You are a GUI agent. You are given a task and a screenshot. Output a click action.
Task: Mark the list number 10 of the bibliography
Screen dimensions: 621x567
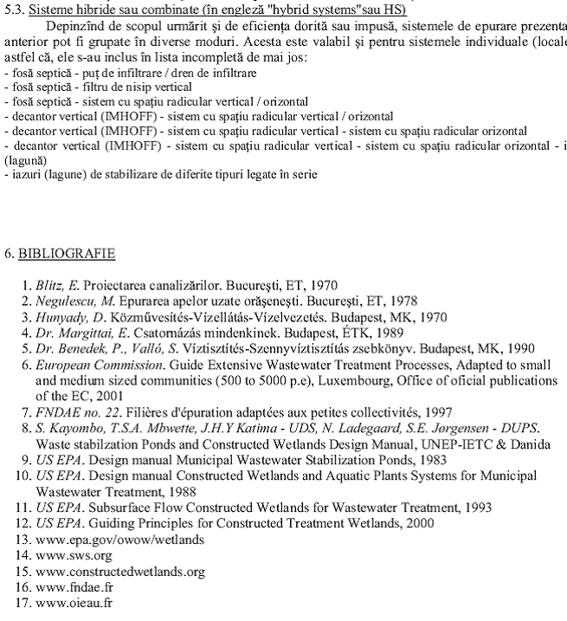(x=23, y=475)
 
